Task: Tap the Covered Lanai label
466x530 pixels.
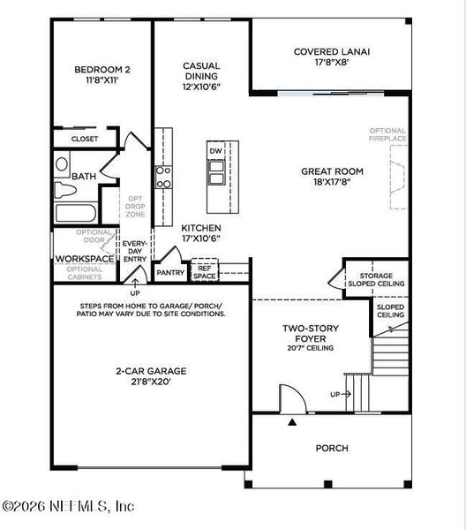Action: tap(331, 57)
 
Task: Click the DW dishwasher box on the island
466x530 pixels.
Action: tap(216, 152)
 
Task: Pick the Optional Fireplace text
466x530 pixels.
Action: tap(389, 134)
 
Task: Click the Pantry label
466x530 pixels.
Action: tap(169, 274)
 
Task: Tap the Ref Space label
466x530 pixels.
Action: tap(205, 272)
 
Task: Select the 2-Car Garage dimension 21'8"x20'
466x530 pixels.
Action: tap(151, 382)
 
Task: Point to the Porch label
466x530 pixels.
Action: tap(331, 448)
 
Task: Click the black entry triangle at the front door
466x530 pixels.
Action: tap(292, 422)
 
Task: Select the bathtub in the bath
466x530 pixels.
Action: tap(78, 213)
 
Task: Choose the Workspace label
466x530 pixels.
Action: tap(85, 259)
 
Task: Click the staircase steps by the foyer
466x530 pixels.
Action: tap(388, 353)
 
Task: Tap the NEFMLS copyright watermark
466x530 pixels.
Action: tap(68, 506)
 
